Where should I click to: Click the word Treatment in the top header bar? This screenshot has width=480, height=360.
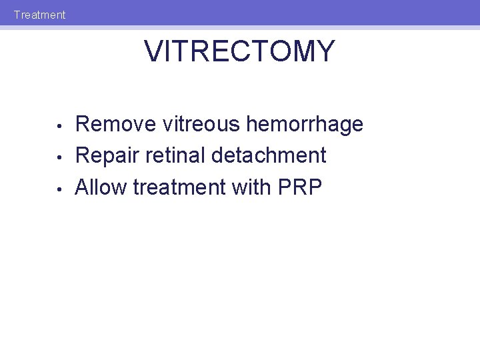(x=39, y=15)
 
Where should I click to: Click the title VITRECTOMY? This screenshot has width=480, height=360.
(x=239, y=52)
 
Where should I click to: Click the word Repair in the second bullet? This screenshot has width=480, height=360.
(x=105, y=156)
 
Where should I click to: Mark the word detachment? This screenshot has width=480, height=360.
(x=269, y=155)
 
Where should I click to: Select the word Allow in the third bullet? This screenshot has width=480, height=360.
(x=101, y=187)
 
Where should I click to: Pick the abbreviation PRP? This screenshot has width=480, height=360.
(x=300, y=187)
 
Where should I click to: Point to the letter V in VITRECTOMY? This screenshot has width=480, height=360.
(x=153, y=52)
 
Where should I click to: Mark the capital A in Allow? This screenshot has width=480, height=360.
(x=83, y=187)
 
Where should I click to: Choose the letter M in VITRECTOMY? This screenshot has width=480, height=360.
(x=303, y=52)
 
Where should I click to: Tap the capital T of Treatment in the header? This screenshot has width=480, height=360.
(x=17, y=15)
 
